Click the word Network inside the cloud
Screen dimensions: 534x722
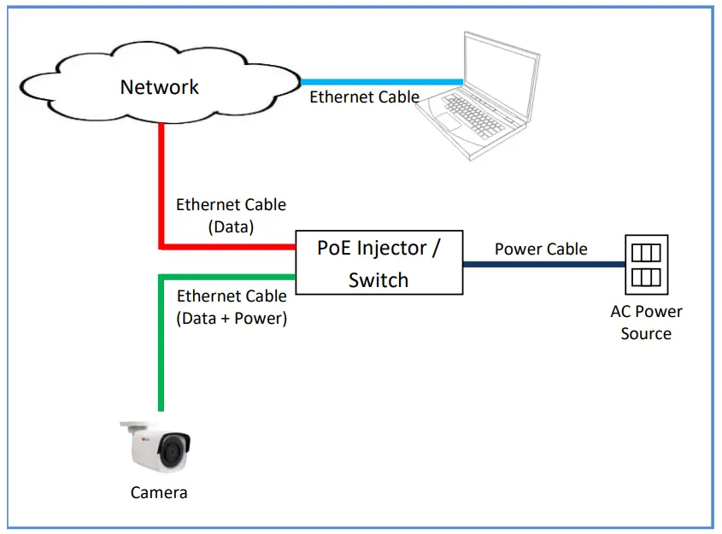coord(159,86)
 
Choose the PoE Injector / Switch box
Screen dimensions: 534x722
coord(379,263)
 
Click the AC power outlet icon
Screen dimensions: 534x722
coord(646,264)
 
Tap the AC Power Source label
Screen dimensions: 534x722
coord(646,323)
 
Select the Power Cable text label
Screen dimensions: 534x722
coord(541,249)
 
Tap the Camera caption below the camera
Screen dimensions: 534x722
coord(159,493)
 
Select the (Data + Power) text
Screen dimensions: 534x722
coord(232,319)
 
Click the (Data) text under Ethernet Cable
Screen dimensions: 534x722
coord(232,227)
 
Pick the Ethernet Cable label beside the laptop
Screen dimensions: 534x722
coord(364,97)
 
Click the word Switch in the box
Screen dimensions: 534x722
coord(379,280)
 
